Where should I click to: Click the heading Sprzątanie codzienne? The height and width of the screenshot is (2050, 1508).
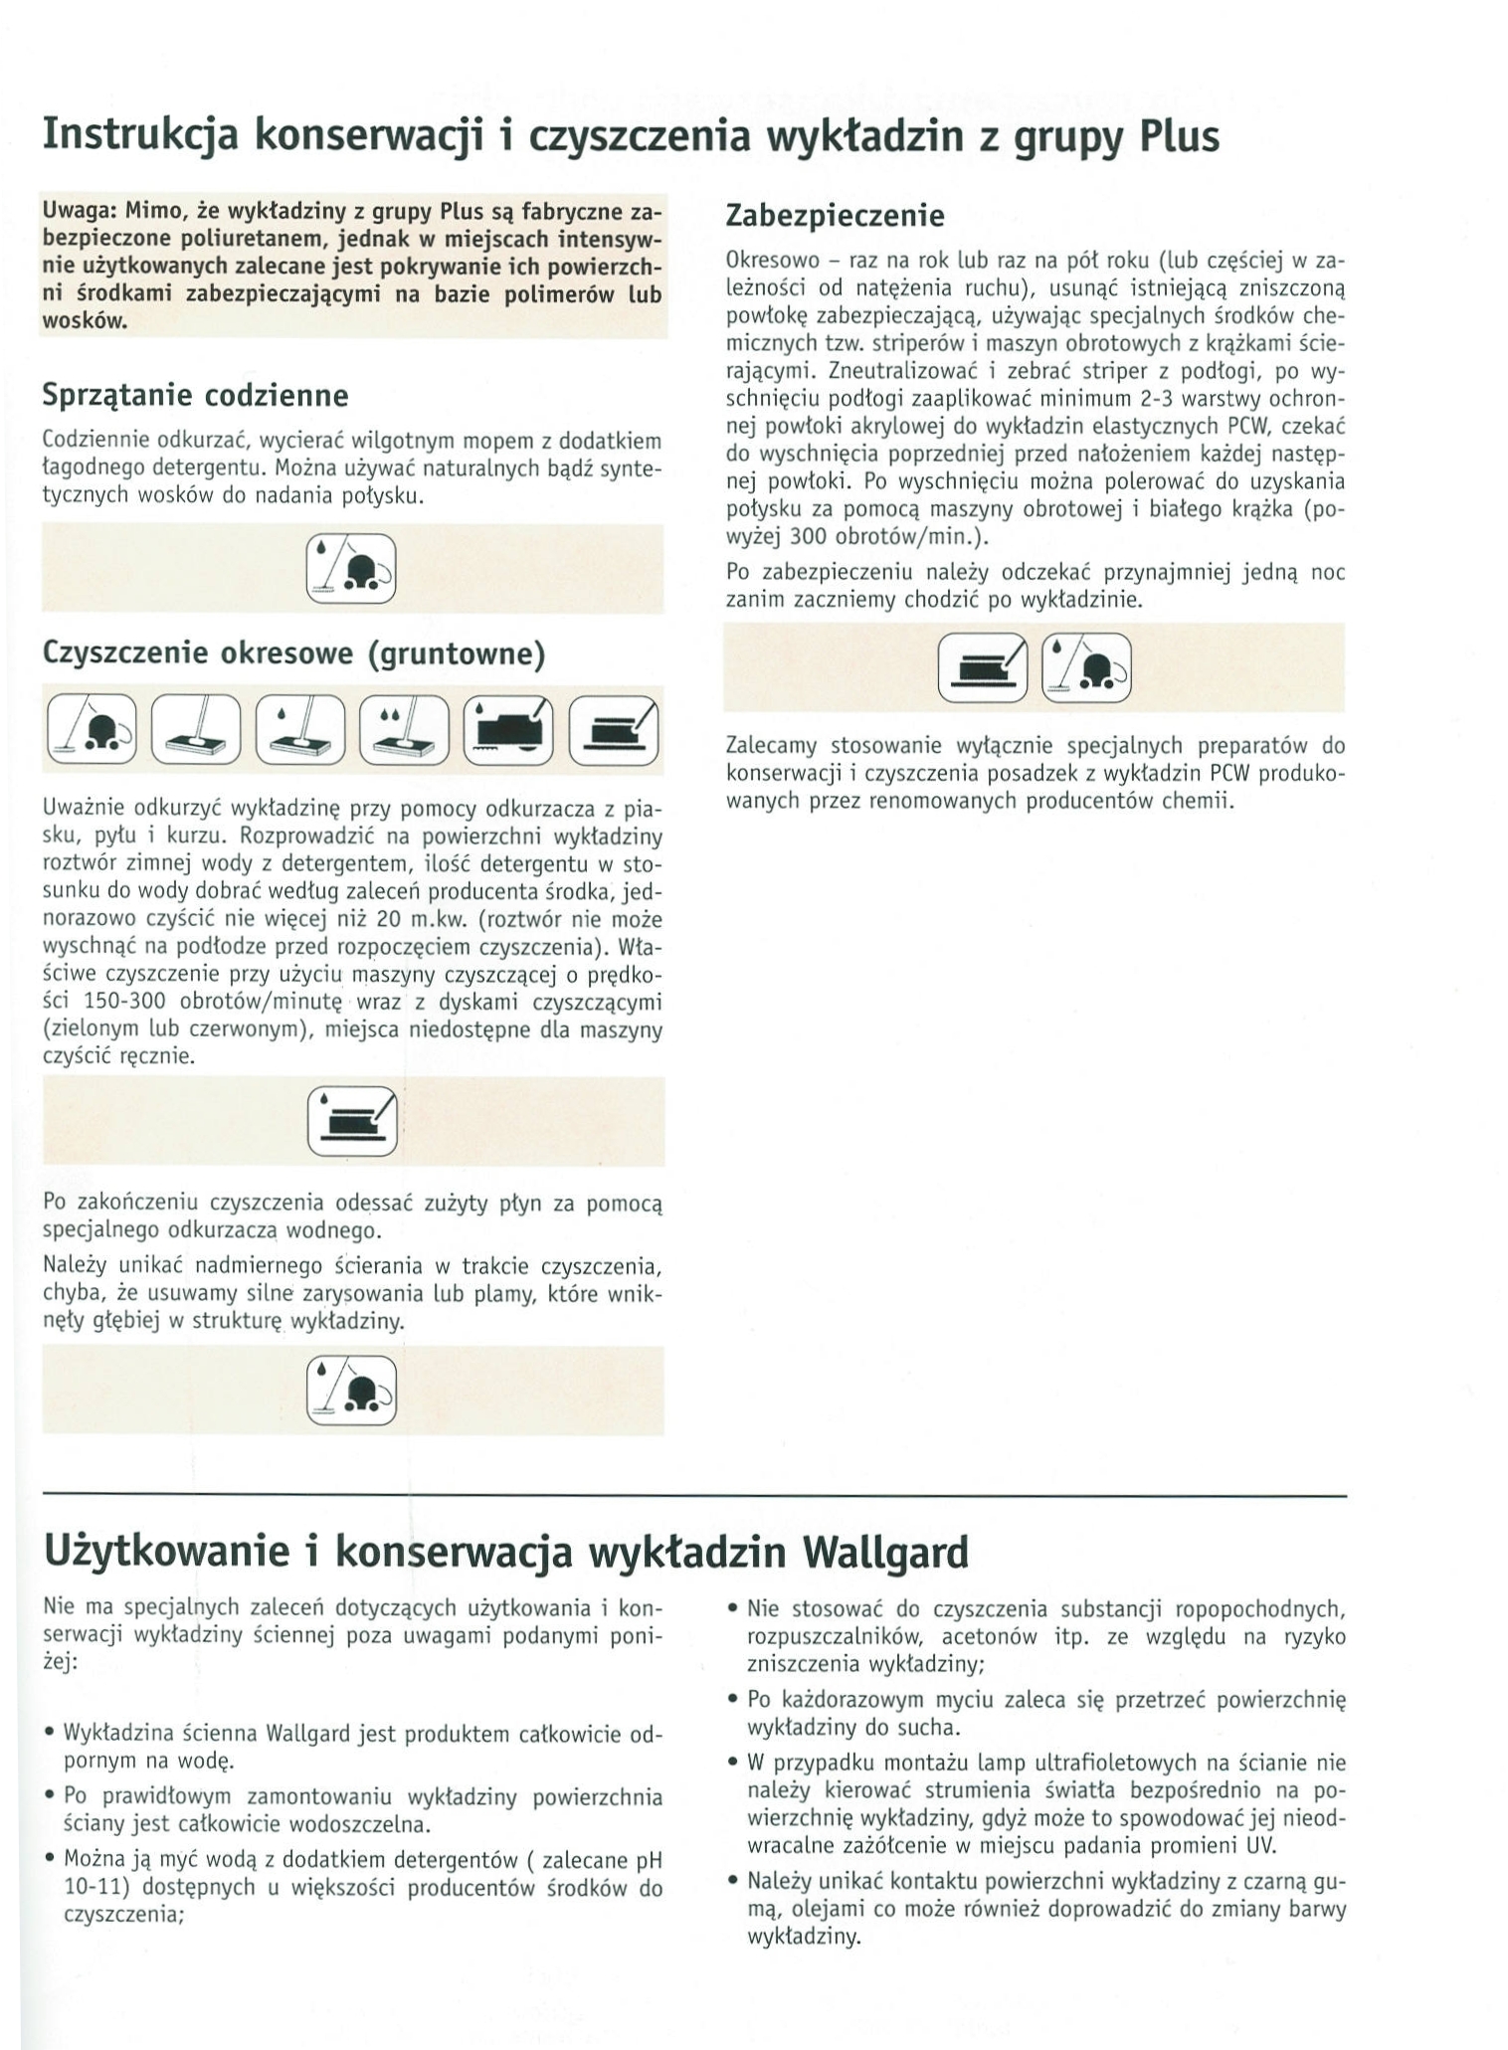pyautogui.click(x=195, y=396)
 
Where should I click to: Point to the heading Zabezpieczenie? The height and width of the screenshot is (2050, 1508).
pyautogui.click(x=835, y=215)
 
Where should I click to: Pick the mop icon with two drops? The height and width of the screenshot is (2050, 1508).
pyautogui.click(x=404, y=730)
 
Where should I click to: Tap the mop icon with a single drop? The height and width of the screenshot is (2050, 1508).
pyautogui.click(x=299, y=730)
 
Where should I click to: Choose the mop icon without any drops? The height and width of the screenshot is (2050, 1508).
pyautogui.click(x=196, y=730)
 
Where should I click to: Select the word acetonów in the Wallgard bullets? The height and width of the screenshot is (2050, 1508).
pyautogui.click(x=990, y=1636)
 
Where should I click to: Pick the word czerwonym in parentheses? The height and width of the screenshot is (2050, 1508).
pyautogui.click(x=252, y=1029)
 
